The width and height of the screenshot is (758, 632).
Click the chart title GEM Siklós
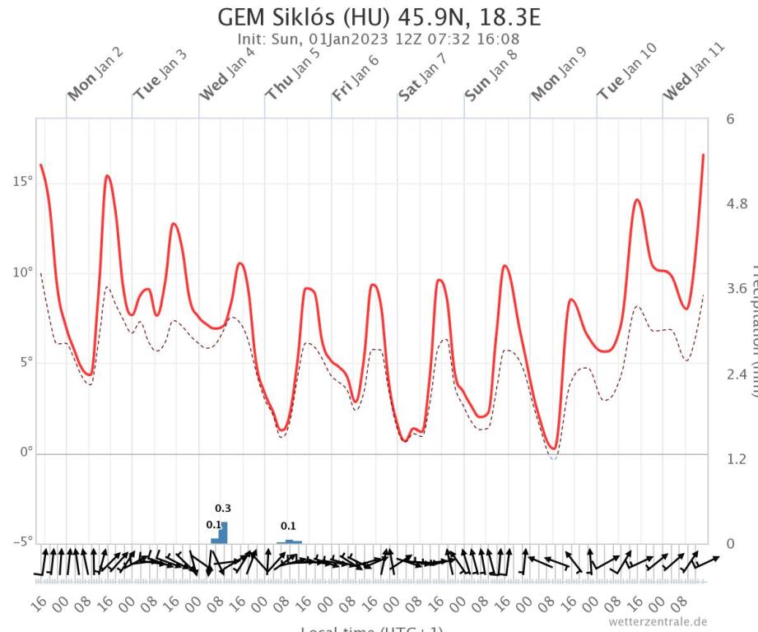[379, 18]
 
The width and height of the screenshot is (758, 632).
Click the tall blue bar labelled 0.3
[223, 532]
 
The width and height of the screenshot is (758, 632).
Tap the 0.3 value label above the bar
[223, 509]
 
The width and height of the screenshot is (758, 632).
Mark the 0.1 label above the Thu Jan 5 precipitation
[288, 526]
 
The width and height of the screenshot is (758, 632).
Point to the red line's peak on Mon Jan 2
[107, 176]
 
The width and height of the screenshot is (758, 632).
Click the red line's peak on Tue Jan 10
[636, 200]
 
